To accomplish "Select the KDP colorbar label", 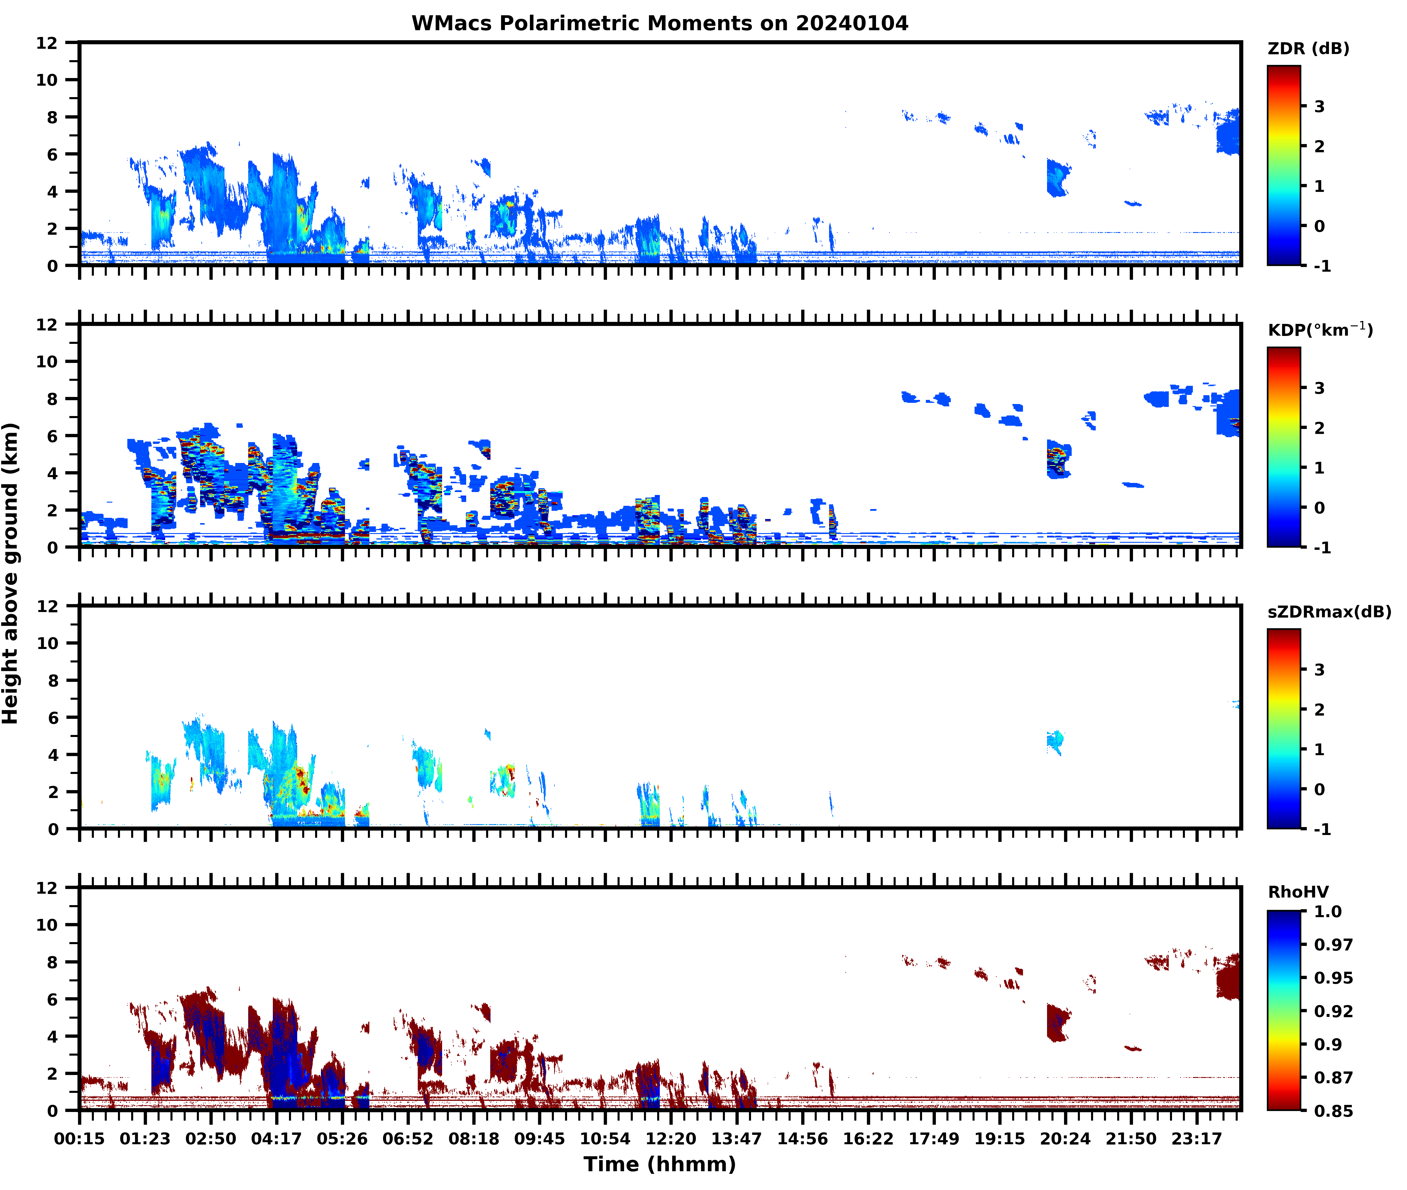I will tap(1319, 330).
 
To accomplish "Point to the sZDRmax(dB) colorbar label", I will tap(1329, 612).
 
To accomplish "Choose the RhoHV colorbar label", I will tap(1298, 892).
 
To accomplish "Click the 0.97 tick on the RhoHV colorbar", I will tap(1333, 944).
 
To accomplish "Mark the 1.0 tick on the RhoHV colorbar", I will tap(1327, 911).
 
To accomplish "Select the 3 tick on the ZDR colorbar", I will tap(1319, 107).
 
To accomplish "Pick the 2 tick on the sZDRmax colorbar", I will tap(1319, 710).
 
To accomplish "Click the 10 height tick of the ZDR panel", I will tap(47, 80).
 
